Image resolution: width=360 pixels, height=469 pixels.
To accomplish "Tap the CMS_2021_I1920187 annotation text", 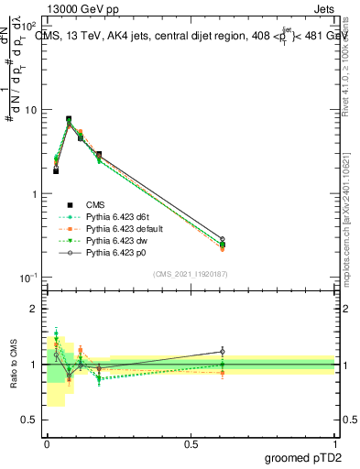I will [x=191, y=274].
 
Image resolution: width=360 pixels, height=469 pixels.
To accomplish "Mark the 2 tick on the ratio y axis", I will [x=34, y=310].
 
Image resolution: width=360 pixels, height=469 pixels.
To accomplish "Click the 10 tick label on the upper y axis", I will [x=30, y=110].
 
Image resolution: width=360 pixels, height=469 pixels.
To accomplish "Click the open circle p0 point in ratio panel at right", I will [x=222, y=351].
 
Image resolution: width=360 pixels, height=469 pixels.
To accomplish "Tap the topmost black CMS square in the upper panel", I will [x=69, y=119].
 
